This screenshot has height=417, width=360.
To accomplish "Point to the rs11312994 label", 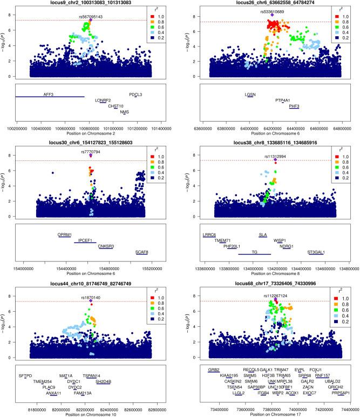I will click(x=275, y=156).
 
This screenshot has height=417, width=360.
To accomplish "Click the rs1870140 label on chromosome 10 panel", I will click(x=91, y=297).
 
